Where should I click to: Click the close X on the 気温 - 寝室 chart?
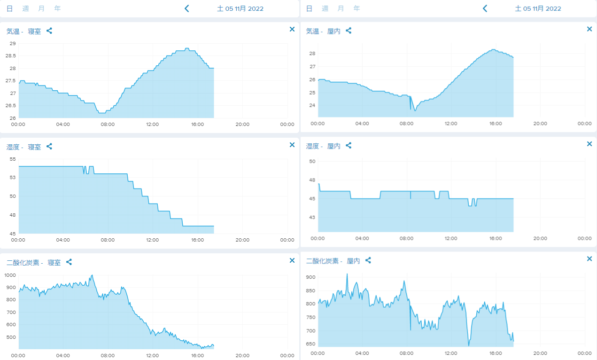point(292,29)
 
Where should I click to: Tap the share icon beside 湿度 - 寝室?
point(49,147)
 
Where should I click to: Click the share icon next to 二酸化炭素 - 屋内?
point(368,260)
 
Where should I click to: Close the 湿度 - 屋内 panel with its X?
point(589,144)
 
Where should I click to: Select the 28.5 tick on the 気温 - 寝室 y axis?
point(11,56)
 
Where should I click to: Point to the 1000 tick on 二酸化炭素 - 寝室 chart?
point(10,275)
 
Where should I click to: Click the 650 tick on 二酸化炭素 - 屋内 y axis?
point(311,344)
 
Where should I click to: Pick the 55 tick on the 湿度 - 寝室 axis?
point(13,159)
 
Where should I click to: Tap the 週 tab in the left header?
point(25,8)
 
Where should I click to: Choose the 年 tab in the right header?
point(357,8)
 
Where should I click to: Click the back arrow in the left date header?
point(187,8)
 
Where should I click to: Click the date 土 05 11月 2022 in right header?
point(538,8)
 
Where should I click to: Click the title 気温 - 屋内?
point(323,31)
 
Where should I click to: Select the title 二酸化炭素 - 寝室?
point(33,263)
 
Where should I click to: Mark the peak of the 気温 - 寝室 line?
point(187,48)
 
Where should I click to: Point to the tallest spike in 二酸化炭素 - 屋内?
point(347,274)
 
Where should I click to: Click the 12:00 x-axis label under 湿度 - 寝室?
point(153,240)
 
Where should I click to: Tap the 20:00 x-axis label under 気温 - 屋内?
point(540,124)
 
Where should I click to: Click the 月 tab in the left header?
point(41,8)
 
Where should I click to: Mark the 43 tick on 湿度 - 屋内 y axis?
point(312,217)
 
